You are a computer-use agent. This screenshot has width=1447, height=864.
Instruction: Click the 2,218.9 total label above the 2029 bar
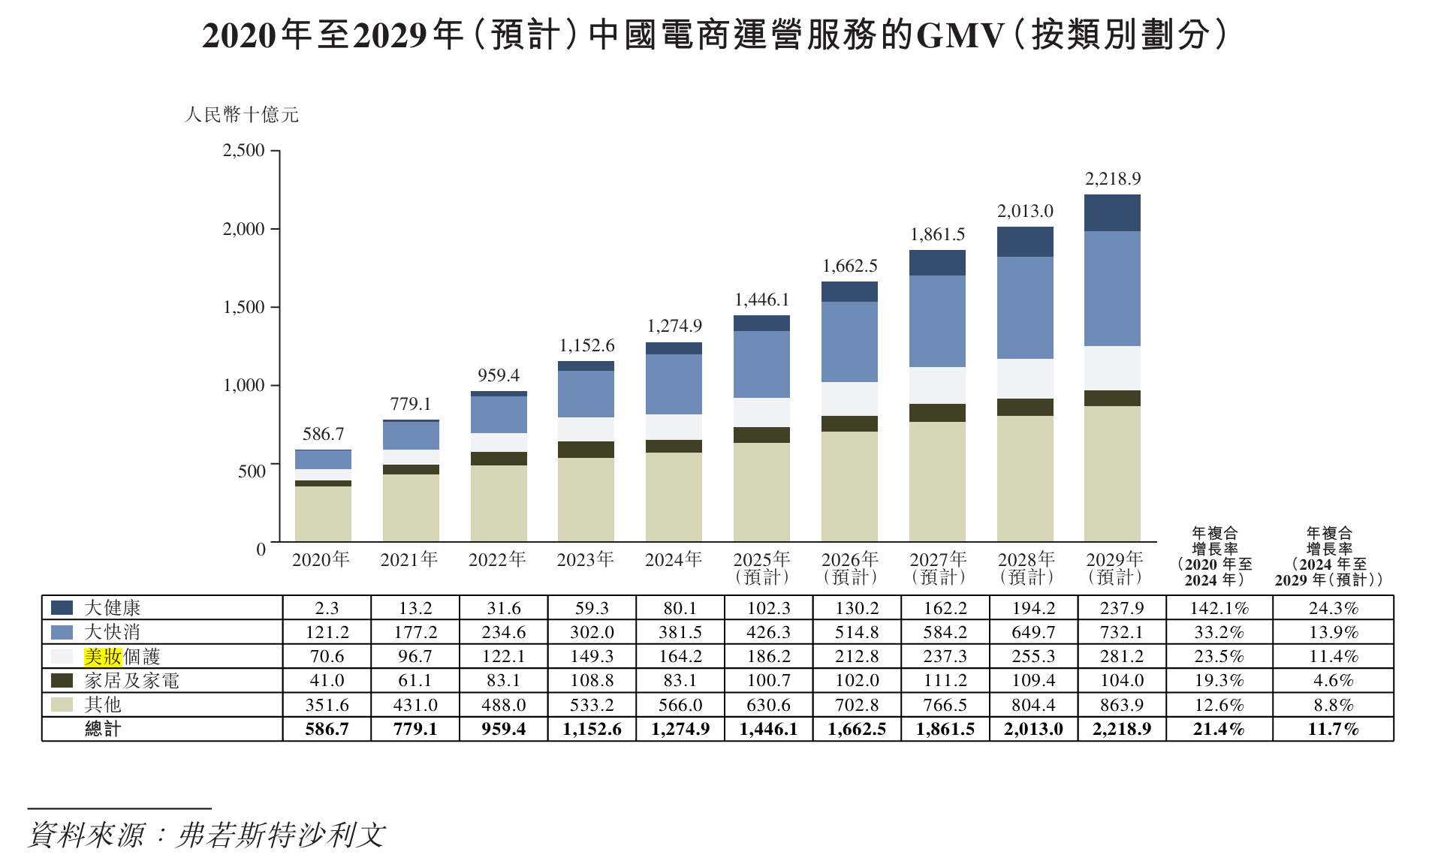tap(1112, 179)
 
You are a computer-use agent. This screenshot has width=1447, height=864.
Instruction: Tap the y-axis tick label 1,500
tap(244, 307)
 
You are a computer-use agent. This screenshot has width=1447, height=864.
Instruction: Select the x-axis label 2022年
tap(497, 559)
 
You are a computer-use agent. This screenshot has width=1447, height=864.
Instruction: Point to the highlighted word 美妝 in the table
tap(103, 657)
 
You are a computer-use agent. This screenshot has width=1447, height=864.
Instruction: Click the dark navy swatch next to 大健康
tap(62, 607)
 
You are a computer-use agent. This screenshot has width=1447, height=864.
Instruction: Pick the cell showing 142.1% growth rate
tap(1219, 608)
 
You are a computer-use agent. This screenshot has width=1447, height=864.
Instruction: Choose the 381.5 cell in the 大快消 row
tap(680, 632)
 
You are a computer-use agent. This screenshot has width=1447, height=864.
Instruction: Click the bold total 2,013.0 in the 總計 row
tap(1033, 729)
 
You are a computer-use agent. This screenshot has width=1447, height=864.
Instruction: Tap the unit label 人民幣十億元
tap(242, 115)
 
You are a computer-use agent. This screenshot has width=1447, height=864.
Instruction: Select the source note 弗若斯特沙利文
tap(281, 835)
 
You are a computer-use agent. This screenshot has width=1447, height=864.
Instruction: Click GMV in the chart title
tap(960, 35)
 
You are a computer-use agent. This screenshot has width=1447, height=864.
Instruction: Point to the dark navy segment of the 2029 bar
tap(1112, 213)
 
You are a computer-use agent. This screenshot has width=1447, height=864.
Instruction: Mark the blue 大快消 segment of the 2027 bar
tap(937, 321)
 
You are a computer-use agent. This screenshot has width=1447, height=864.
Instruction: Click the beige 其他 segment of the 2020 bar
tap(323, 513)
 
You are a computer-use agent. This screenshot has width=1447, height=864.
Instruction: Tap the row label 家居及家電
tap(132, 681)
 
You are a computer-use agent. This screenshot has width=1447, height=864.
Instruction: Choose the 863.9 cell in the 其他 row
tap(1122, 705)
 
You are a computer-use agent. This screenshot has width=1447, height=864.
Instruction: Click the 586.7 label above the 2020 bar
tap(323, 434)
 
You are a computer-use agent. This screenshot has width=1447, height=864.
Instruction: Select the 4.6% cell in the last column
tap(1333, 681)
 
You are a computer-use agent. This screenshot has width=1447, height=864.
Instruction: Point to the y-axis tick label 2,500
tap(244, 150)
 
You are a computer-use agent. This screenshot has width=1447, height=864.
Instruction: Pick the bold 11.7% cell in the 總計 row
tap(1333, 729)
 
